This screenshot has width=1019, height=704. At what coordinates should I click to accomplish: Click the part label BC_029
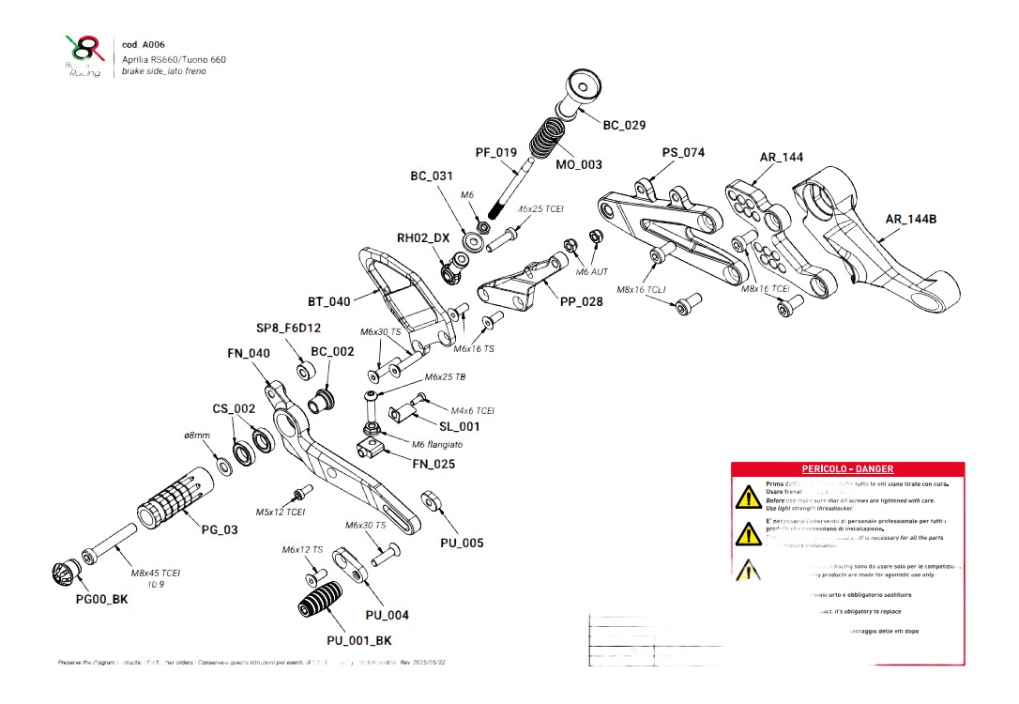pyautogui.click(x=623, y=125)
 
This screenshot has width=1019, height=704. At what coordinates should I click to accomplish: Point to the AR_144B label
pyautogui.click(x=911, y=220)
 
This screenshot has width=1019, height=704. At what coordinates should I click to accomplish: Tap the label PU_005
pyautogui.click(x=462, y=543)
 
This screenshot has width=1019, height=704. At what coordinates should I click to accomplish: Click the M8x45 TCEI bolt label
pyautogui.click(x=156, y=573)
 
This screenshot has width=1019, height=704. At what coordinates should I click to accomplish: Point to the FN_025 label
pyautogui.click(x=434, y=464)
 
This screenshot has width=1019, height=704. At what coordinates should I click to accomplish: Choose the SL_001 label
pyautogui.click(x=459, y=426)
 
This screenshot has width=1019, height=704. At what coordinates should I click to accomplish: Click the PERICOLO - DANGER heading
pyautogui.click(x=846, y=468)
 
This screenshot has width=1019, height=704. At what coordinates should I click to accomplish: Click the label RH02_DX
pyautogui.click(x=423, y=238)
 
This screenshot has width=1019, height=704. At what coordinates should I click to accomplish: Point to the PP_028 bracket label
pyautogui.click(x=582, y=301)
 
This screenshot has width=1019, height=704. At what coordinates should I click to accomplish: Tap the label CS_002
pyautogui.click(x=233, y=408)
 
